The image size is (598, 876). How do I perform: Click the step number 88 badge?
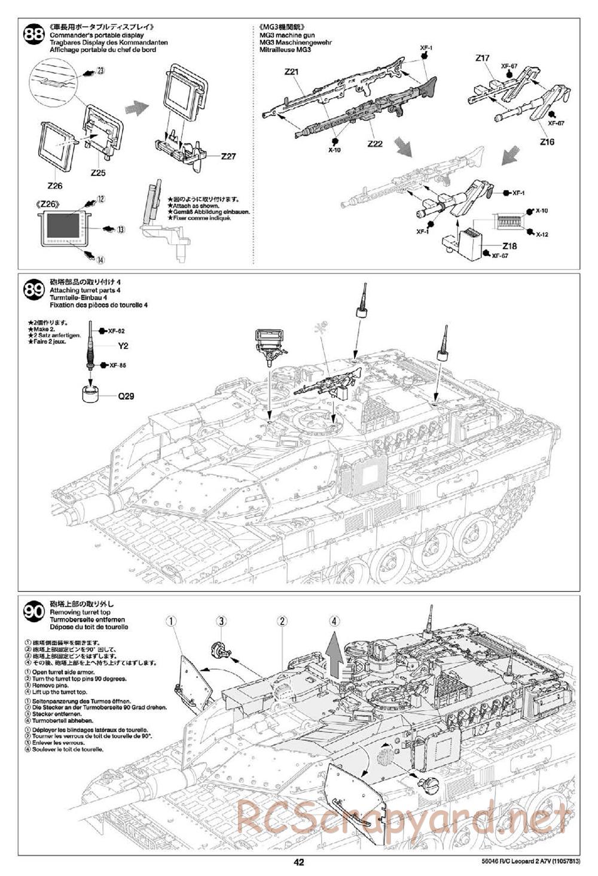click(x=33, y=36)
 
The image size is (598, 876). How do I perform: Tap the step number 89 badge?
click(x=33, y=291)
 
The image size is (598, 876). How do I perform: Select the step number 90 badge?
click(x=33, y=612)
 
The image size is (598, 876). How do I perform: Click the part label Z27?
click(x=228, y=156)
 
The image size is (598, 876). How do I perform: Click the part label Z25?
click(x=99, y=172)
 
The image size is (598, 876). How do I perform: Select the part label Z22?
click(x=375, y=144)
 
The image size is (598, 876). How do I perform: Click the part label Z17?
click(x=483, y=58)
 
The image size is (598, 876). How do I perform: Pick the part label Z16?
click(x=547, y=142)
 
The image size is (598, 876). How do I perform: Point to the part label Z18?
click(x=509, y=246)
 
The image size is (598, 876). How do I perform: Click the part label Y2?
click(x=123, y=346)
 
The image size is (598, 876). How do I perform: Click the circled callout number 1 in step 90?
click(x=172, y=621)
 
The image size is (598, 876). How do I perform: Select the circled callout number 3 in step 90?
click(x=221, y=621)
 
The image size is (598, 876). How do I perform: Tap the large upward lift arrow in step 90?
click(x=335, y=657)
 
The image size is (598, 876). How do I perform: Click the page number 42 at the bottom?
click(x=299, y=862)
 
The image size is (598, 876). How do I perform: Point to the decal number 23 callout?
click(x=100, y=71)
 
